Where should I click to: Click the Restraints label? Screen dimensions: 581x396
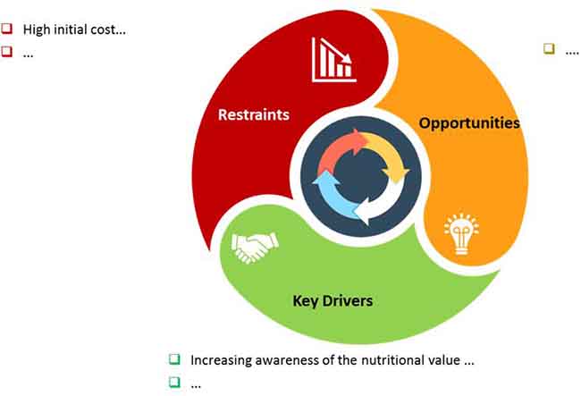point(254,114)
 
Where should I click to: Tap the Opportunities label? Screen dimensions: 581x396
point(469,123)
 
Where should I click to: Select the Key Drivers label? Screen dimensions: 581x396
point(333,300)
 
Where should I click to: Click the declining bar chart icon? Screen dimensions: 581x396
point(334,59)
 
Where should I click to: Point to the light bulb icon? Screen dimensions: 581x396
point(461,234)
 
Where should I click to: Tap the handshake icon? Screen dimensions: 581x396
point(255,247)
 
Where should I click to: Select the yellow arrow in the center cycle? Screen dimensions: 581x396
point(389,156)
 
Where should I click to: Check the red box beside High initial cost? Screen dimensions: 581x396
point(6,29)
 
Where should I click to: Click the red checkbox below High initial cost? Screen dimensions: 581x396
point(6,51)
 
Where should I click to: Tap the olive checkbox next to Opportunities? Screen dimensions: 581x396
point(549,48)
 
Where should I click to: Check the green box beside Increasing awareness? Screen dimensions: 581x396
point(174,359)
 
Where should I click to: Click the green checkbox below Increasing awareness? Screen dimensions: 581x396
point(174,382)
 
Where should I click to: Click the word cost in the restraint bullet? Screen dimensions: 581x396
point(108,29)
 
